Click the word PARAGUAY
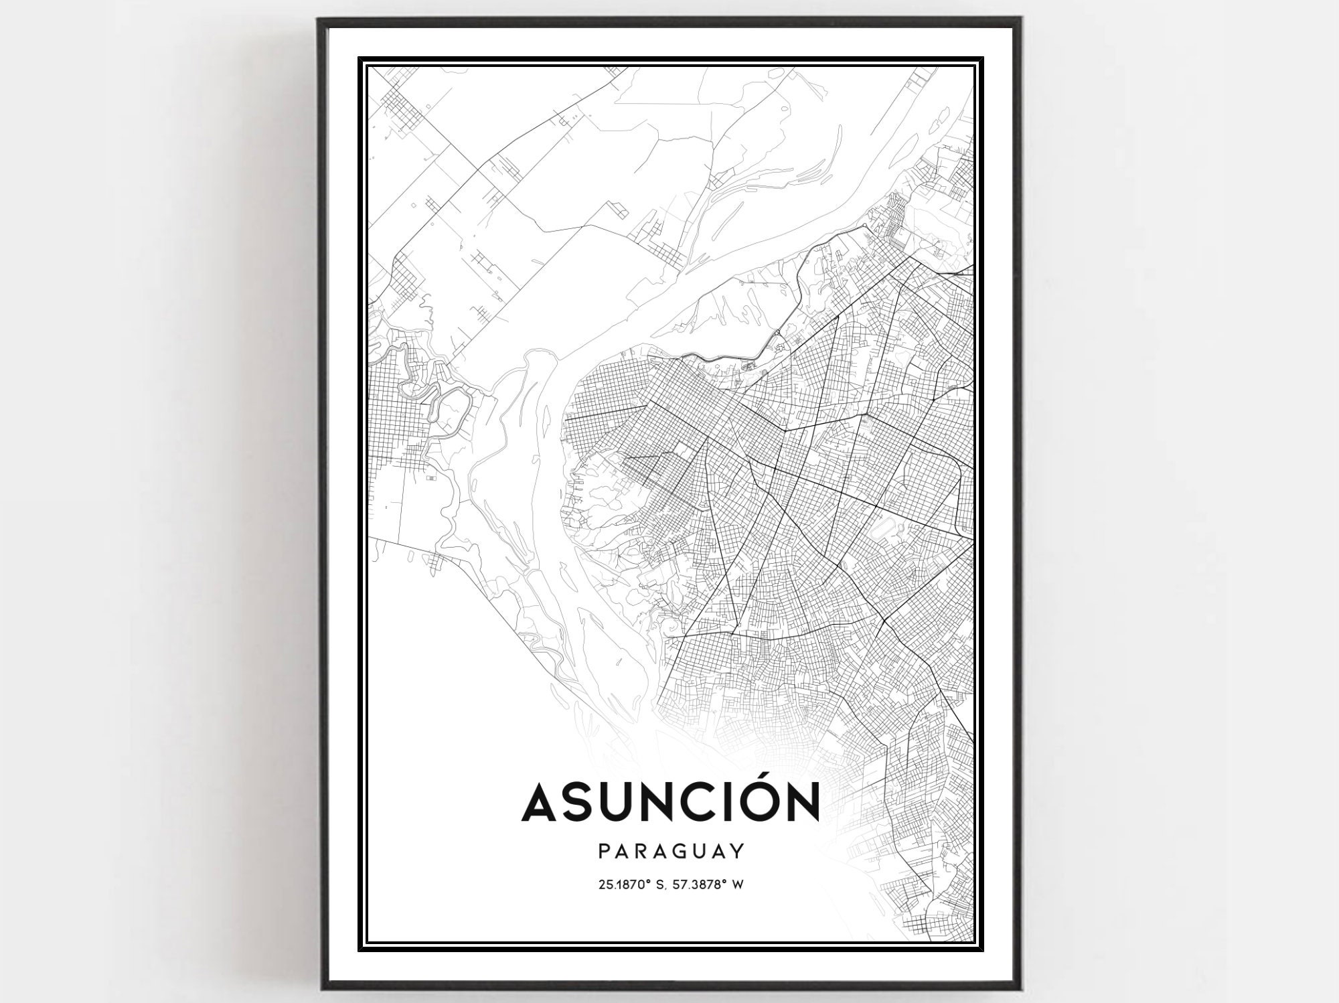[671, 851]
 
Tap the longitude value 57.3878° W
[711, 884]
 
